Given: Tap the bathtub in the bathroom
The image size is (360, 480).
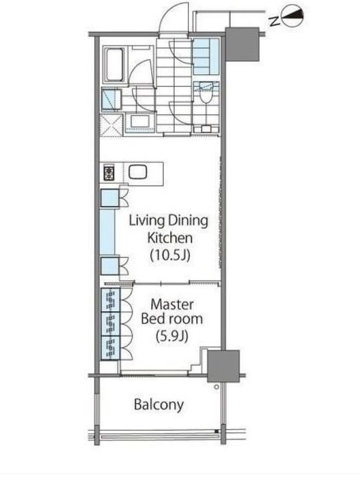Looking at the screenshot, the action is (x=114, y=64).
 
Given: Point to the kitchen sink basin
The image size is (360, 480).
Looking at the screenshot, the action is (x=138, y=172).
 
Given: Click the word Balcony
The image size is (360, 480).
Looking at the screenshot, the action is (x=159, y=405).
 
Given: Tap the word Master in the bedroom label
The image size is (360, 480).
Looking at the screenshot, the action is (x=172, y=304).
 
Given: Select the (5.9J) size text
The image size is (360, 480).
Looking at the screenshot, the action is (x=172, y=337).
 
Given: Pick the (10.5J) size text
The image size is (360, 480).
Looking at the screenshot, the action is (x=170, y=254).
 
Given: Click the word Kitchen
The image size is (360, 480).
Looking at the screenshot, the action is (x=170, y=238).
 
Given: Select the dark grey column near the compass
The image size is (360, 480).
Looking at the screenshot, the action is (x=242, y=44).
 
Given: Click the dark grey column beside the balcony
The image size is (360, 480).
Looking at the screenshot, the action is (x=223, y=366).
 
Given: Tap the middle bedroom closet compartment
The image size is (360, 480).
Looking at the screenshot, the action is (x=110, y=324).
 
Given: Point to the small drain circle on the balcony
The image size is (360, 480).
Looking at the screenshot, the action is (x=217, y=387).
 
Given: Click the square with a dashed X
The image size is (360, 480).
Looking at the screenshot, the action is (x=112, y=125).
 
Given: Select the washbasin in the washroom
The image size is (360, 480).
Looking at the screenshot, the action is (x=139, y=122).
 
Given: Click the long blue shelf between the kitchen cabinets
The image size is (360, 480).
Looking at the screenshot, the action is (x=107, y=232).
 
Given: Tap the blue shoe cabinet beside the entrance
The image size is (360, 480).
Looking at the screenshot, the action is (x=206, y=56).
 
